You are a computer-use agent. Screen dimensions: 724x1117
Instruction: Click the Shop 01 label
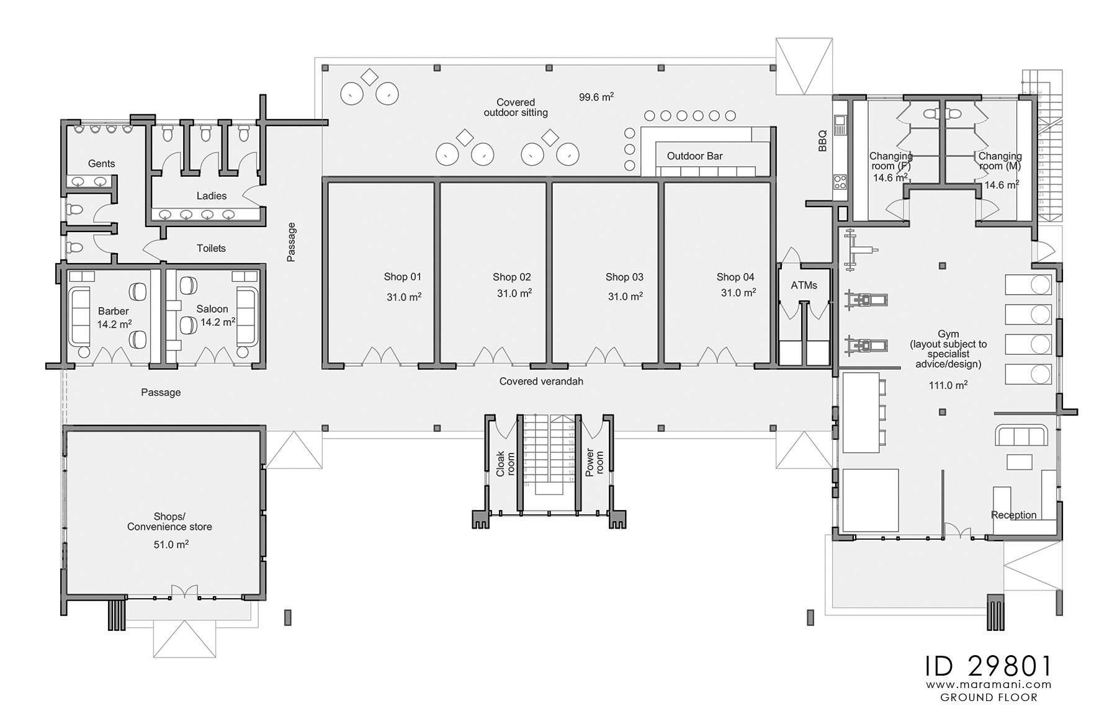pyautogui.click(x=402, y=277)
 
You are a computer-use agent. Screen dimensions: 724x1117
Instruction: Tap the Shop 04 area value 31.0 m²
pyautogui.click(x=738, y=292)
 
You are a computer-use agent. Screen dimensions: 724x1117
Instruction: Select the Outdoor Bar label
pyautogui.click(x=694, y=156)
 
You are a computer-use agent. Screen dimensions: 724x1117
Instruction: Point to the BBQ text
pyautogui.click(x=822, y=141)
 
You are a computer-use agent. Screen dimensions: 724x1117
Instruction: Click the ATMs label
pyautogui.click(x=804, y=285)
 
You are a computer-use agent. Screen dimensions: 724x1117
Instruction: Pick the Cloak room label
pyautogui.click(x=505, y=463)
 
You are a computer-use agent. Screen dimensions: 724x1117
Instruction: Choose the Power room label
pyautogui.click(x=594, y=463)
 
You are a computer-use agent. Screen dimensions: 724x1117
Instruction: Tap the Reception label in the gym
pyautogui.click(x=1013, y=515)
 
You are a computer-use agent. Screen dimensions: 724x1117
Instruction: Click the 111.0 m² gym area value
pyautogui.click(x=948, y=385)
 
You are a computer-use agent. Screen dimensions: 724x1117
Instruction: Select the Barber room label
pyautogui.click(x=113, y=311)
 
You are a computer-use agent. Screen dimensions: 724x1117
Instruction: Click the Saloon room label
pyautogui.click(x=212, y=308)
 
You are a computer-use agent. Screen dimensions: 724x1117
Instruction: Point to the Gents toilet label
pyautogui.click(x=101, y=163)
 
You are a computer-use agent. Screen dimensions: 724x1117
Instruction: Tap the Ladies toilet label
pyautogui.click(x=212, y=195)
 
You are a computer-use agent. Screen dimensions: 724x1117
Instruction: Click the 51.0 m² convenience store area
pyautogui.click(x=171, y=544)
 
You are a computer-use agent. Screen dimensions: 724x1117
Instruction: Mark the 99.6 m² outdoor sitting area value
pyautogui.click(x=596, y=97)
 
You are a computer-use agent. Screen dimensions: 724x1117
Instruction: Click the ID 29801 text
pyautogui.click(x=988, y=666)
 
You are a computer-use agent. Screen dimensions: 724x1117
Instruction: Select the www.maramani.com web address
pyautogui.click(x=989, y=685)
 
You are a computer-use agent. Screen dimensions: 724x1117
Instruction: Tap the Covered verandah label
pyautogui.click(x=541, y=381)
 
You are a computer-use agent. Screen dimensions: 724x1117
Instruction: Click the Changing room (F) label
pyautogui.click(x=890, y=161)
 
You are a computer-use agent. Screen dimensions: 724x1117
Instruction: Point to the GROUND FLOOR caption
pyautogui.click(x=989, y=697)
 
